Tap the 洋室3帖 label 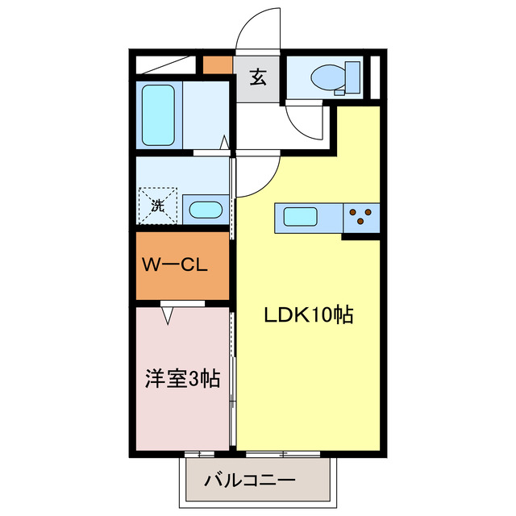click(x=183, y=377)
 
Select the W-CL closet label click(x=177, y=264)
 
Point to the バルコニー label click(x=250, y=481)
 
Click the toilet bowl click(x=327, y=77)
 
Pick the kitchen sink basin click(x=299, y=216)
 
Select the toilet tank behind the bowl click(x=352, y=77)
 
